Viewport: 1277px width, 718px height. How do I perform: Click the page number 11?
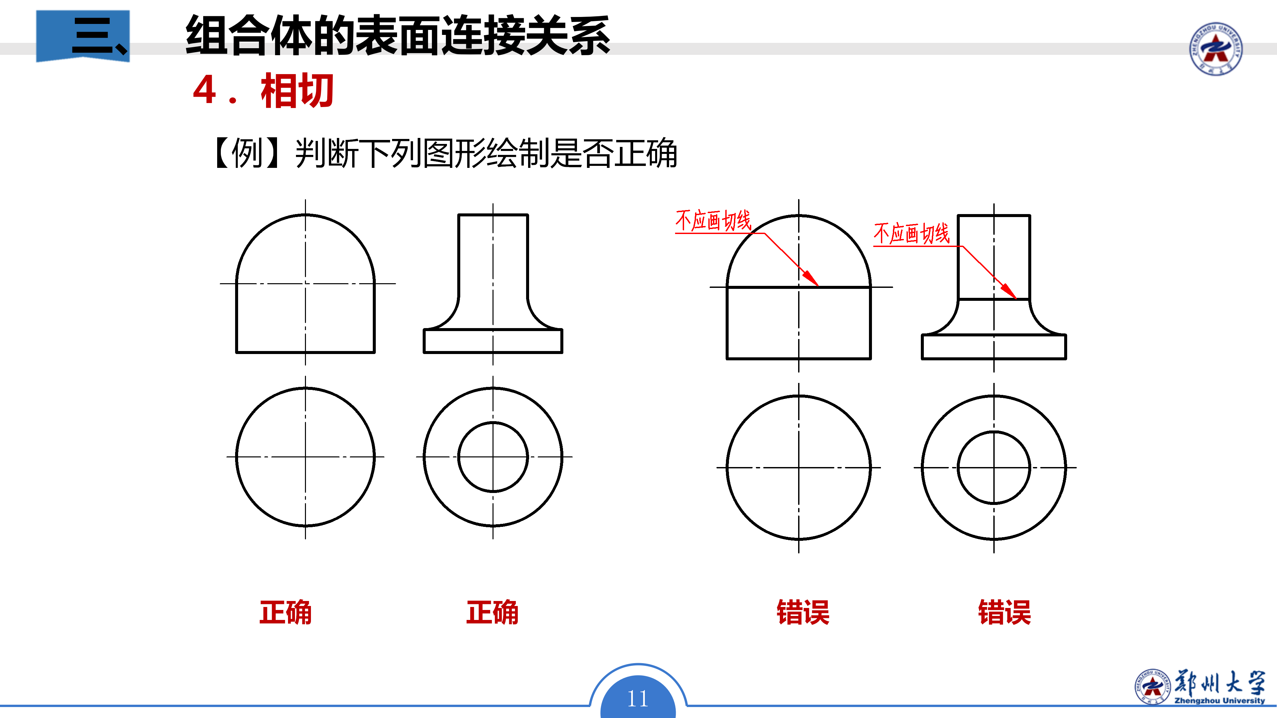(x=638, y=699)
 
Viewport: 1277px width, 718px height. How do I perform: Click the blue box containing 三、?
(x=83, y=36)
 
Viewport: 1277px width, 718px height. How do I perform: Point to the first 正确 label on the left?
(x=286, y=612)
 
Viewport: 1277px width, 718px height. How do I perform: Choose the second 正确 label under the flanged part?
(x=492, y=612)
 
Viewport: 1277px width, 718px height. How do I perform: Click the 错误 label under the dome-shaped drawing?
(x=803, y=612)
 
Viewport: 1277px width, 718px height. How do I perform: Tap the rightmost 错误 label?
(x=1004, y=612)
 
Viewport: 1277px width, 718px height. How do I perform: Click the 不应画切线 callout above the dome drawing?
(x=713, y=220)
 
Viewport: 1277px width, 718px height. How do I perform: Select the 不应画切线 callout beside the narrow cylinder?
(x=911, y=233)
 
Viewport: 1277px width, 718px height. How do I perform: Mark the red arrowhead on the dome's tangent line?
(x=811, y=279)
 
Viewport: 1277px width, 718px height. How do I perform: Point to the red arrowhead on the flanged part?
(x=1009, y=292)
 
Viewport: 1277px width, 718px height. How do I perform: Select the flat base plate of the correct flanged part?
(x=493, y=341)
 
